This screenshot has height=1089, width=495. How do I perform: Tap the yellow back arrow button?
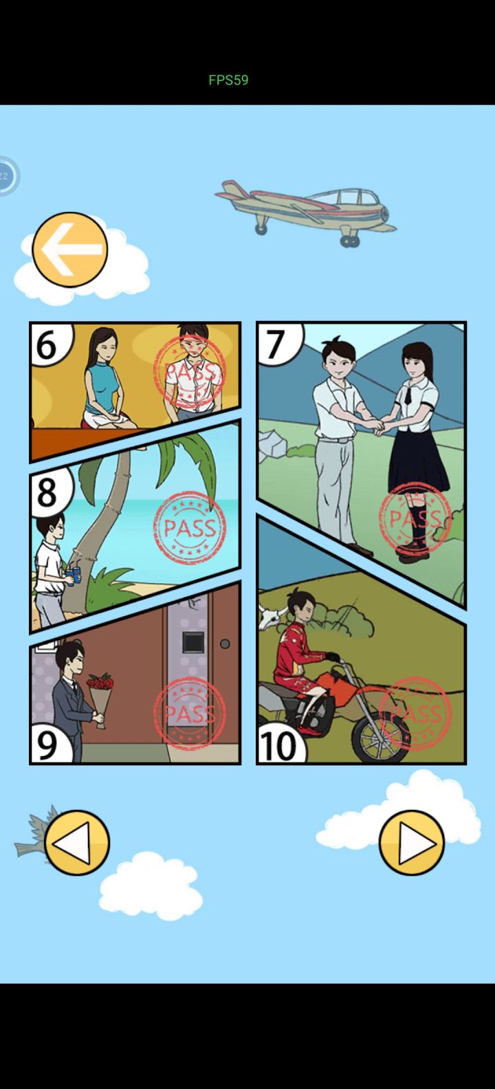tap(70, 250)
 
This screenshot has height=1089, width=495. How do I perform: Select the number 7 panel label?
tap(275, 344)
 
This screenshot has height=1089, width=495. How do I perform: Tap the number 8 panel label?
tap(47, 492)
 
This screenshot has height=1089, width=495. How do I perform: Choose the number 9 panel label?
tap(47, 745)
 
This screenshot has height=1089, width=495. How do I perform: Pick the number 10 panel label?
tap(278, 746)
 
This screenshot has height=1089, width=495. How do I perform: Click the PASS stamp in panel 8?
tap(190, 527)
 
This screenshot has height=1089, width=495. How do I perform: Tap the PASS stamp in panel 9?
tap(190, 713)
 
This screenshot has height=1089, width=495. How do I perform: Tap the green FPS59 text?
tap(228, 80)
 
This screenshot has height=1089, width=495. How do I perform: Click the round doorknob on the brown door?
tap(225, 643)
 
